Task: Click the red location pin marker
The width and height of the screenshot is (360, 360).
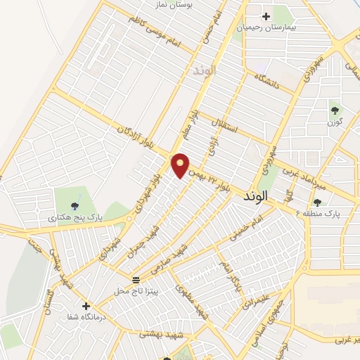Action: click(181, 165)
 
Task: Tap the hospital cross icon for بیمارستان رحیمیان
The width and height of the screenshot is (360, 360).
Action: click(266, 16)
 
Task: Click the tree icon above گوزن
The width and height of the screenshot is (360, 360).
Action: click(335, 110)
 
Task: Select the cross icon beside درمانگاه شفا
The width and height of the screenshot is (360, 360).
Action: click(86, 307)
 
